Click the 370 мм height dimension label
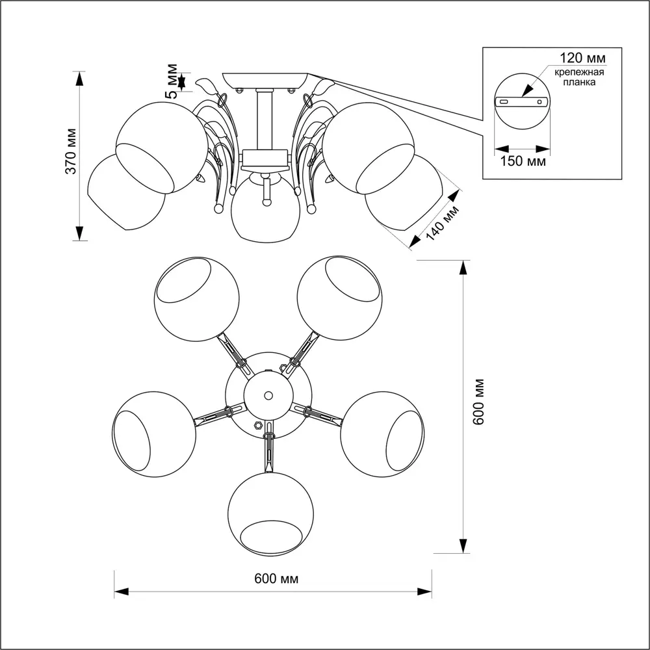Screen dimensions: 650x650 (x=71, y=157)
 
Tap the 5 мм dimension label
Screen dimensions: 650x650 (x=172, y=80)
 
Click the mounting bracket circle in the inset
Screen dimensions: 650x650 (x=522, y=101)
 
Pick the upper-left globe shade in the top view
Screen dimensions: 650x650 (x=196, y=298)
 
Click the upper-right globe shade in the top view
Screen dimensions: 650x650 (x=339, y=298)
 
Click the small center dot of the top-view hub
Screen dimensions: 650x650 (x=268, y=395)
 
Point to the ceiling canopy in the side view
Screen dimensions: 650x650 (x=265, y=79)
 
